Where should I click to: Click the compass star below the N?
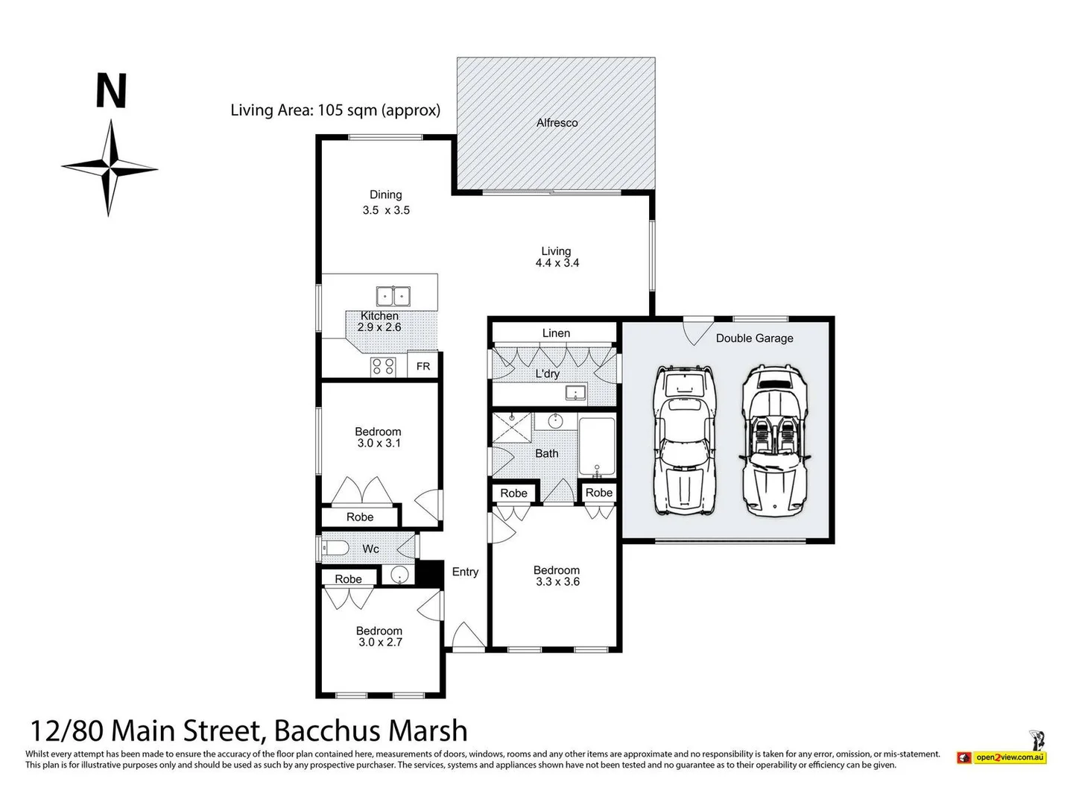coord(110,168)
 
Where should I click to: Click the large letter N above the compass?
coord(111,91)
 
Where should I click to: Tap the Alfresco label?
coord(557,123)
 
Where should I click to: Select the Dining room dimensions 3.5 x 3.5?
coord(386,210)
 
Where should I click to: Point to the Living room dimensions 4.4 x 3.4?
coord(557,263)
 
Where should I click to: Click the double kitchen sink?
coord(393,296)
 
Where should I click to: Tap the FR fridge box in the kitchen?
coord(422,366)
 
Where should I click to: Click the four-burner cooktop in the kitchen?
coord(383,366)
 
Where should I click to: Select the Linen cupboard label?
coord(556,333)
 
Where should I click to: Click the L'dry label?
coord(547,374)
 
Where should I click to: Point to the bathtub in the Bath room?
coord(597,446)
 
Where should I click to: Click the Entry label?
coord(465,572)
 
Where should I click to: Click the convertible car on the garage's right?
coord(774,441)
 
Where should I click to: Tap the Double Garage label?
coord(754,338)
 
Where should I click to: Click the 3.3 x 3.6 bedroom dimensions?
coord(557,582)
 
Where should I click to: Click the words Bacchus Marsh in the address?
coord(370,730)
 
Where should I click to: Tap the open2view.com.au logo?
coord(1010,757)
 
